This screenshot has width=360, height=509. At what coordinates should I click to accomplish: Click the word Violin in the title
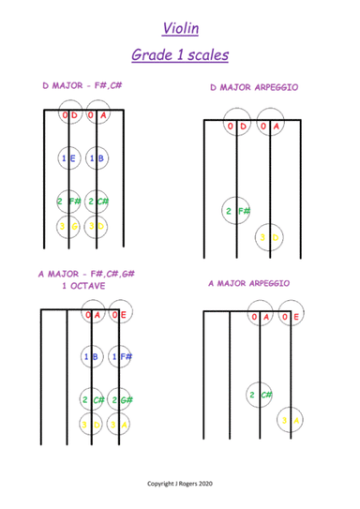181,29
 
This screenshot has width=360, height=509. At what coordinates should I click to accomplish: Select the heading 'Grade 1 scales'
180,56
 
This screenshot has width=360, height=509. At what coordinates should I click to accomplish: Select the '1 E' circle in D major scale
68,159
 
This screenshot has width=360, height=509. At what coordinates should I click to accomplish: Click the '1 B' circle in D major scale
97,159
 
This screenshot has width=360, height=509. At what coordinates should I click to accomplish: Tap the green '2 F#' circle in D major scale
68,202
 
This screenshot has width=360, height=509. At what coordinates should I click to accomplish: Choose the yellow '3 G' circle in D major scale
67,225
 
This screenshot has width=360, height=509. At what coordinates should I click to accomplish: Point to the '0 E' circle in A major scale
119,316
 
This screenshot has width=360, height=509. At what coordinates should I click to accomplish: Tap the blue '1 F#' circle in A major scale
119,357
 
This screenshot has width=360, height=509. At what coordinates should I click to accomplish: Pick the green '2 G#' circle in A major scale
119,400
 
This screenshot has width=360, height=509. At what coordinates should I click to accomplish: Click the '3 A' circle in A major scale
119,424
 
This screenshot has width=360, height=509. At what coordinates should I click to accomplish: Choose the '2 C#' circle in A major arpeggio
260,395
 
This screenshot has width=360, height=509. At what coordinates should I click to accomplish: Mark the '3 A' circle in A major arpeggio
292,421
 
